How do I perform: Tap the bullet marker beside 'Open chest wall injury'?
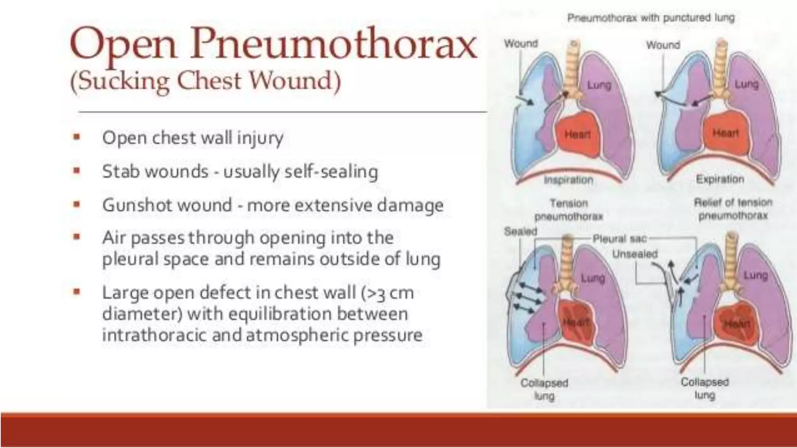pos(77,137)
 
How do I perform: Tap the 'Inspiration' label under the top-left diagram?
pos(568,180)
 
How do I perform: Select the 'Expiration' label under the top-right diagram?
pos(720,179)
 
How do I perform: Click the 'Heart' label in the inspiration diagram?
pos(578,135)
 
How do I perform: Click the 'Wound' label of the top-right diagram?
pos(663,45)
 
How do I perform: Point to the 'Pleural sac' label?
pos(619,239)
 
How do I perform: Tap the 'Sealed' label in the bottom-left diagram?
pos(520,231)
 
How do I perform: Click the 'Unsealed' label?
pos(635,254)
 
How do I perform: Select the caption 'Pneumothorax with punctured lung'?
pos(651,18)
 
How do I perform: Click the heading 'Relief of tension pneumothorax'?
pos(733,209)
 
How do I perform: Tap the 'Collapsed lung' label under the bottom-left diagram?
pos(544,389)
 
